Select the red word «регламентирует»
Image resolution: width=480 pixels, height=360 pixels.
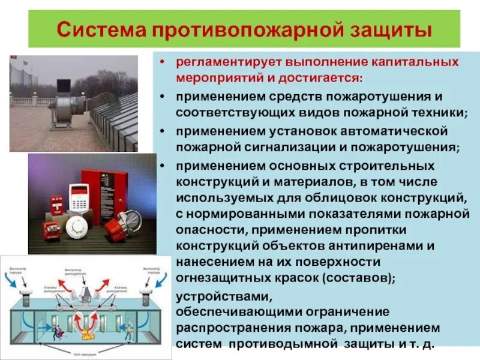click(228, 62)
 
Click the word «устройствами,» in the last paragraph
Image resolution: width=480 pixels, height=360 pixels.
click(224, 297)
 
